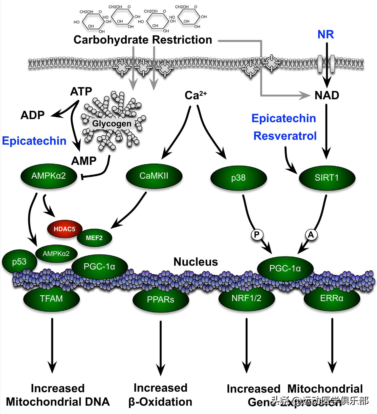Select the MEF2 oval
click(x=94, y=238)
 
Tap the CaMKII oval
click(x=154, y=176)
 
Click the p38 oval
click(x=238, y=178)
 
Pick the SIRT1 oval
click(x=326, y=178)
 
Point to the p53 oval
click(x=19, y=262)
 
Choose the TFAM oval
click(x=51, y=298)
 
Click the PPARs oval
click(x=161, y=299)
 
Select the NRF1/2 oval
click(x=246, y=298)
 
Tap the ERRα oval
click(x=332, y=298)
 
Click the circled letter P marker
click(x=257, y=235)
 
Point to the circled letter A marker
click(x=311, y=235)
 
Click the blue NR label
click(x=326, y=34)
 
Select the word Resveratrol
click(x=285, y=136)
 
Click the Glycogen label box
click(x=112, y=124)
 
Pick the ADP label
click(x=32, y=115)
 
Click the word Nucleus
click(x=196, y=262)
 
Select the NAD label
click(x=327, y=95)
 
